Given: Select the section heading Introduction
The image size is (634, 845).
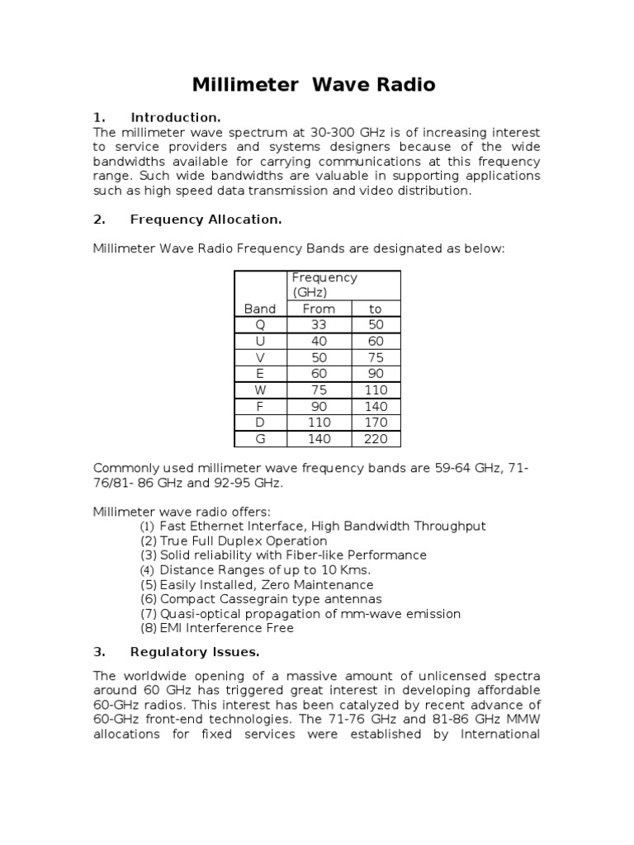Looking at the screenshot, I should [x=175, y=117].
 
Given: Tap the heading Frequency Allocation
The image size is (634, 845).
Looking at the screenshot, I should [x=206, y=219].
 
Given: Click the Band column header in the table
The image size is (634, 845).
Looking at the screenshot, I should [x=260, y=309].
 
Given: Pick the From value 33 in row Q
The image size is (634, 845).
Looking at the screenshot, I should [x=319, y=325].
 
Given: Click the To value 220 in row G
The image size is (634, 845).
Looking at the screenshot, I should [x=376, y=439].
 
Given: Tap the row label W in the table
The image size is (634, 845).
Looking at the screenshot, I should [x=260, y=390].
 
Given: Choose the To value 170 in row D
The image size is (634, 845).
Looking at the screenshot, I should [x=376, y=422].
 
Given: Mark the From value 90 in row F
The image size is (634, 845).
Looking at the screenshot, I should [x=319, y=407].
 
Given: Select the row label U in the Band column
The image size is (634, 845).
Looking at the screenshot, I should [x=260, y=342].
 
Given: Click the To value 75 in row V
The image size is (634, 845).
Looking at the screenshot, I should [x=376, y=358].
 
